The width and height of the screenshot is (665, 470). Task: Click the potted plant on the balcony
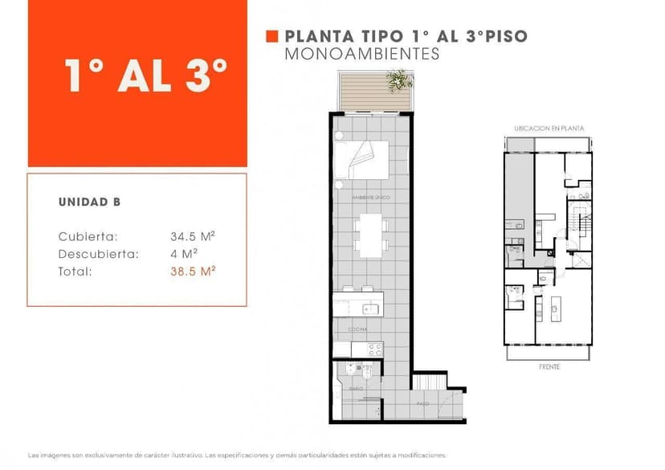pyautogui.click(x=398, y=79)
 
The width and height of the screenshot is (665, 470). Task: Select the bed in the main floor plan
pyautogui.click(x=361, y=159)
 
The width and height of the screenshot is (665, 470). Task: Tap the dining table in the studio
pyautogui.click(x=370, y=231)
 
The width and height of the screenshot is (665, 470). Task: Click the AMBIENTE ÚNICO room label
pyautogui.click(x=370, y=196)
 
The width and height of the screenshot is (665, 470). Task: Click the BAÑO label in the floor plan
pyautogui.click(x=355, y=389)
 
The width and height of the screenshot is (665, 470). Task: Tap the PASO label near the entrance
pyautogui.click(x=422, y=404)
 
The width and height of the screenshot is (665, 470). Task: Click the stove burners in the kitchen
pyautogui.click(x=375, y=349)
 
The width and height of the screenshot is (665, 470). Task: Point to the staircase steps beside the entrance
pyautogui.click(x=429, y=382)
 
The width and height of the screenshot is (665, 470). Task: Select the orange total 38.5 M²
pyautogui.click(x=192, y=272)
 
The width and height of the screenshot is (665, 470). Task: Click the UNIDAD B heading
pyautogui.click(x=89, y=202)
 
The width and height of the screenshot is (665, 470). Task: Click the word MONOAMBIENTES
pyautogui.click(x=362, y=55)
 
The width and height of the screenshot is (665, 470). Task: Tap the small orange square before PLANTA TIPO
pyautogui.click(x=271, y=36)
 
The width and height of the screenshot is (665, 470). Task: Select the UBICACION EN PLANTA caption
pyautogui.click(x=549, y=129)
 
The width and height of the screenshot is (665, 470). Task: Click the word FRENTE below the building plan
pyautogui.click(x=549, y=367)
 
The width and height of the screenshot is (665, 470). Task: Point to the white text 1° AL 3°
pyautogui.click(x=147, y=76)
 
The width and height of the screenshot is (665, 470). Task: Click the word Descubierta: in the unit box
pyautogui.click(x=99, y=255)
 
